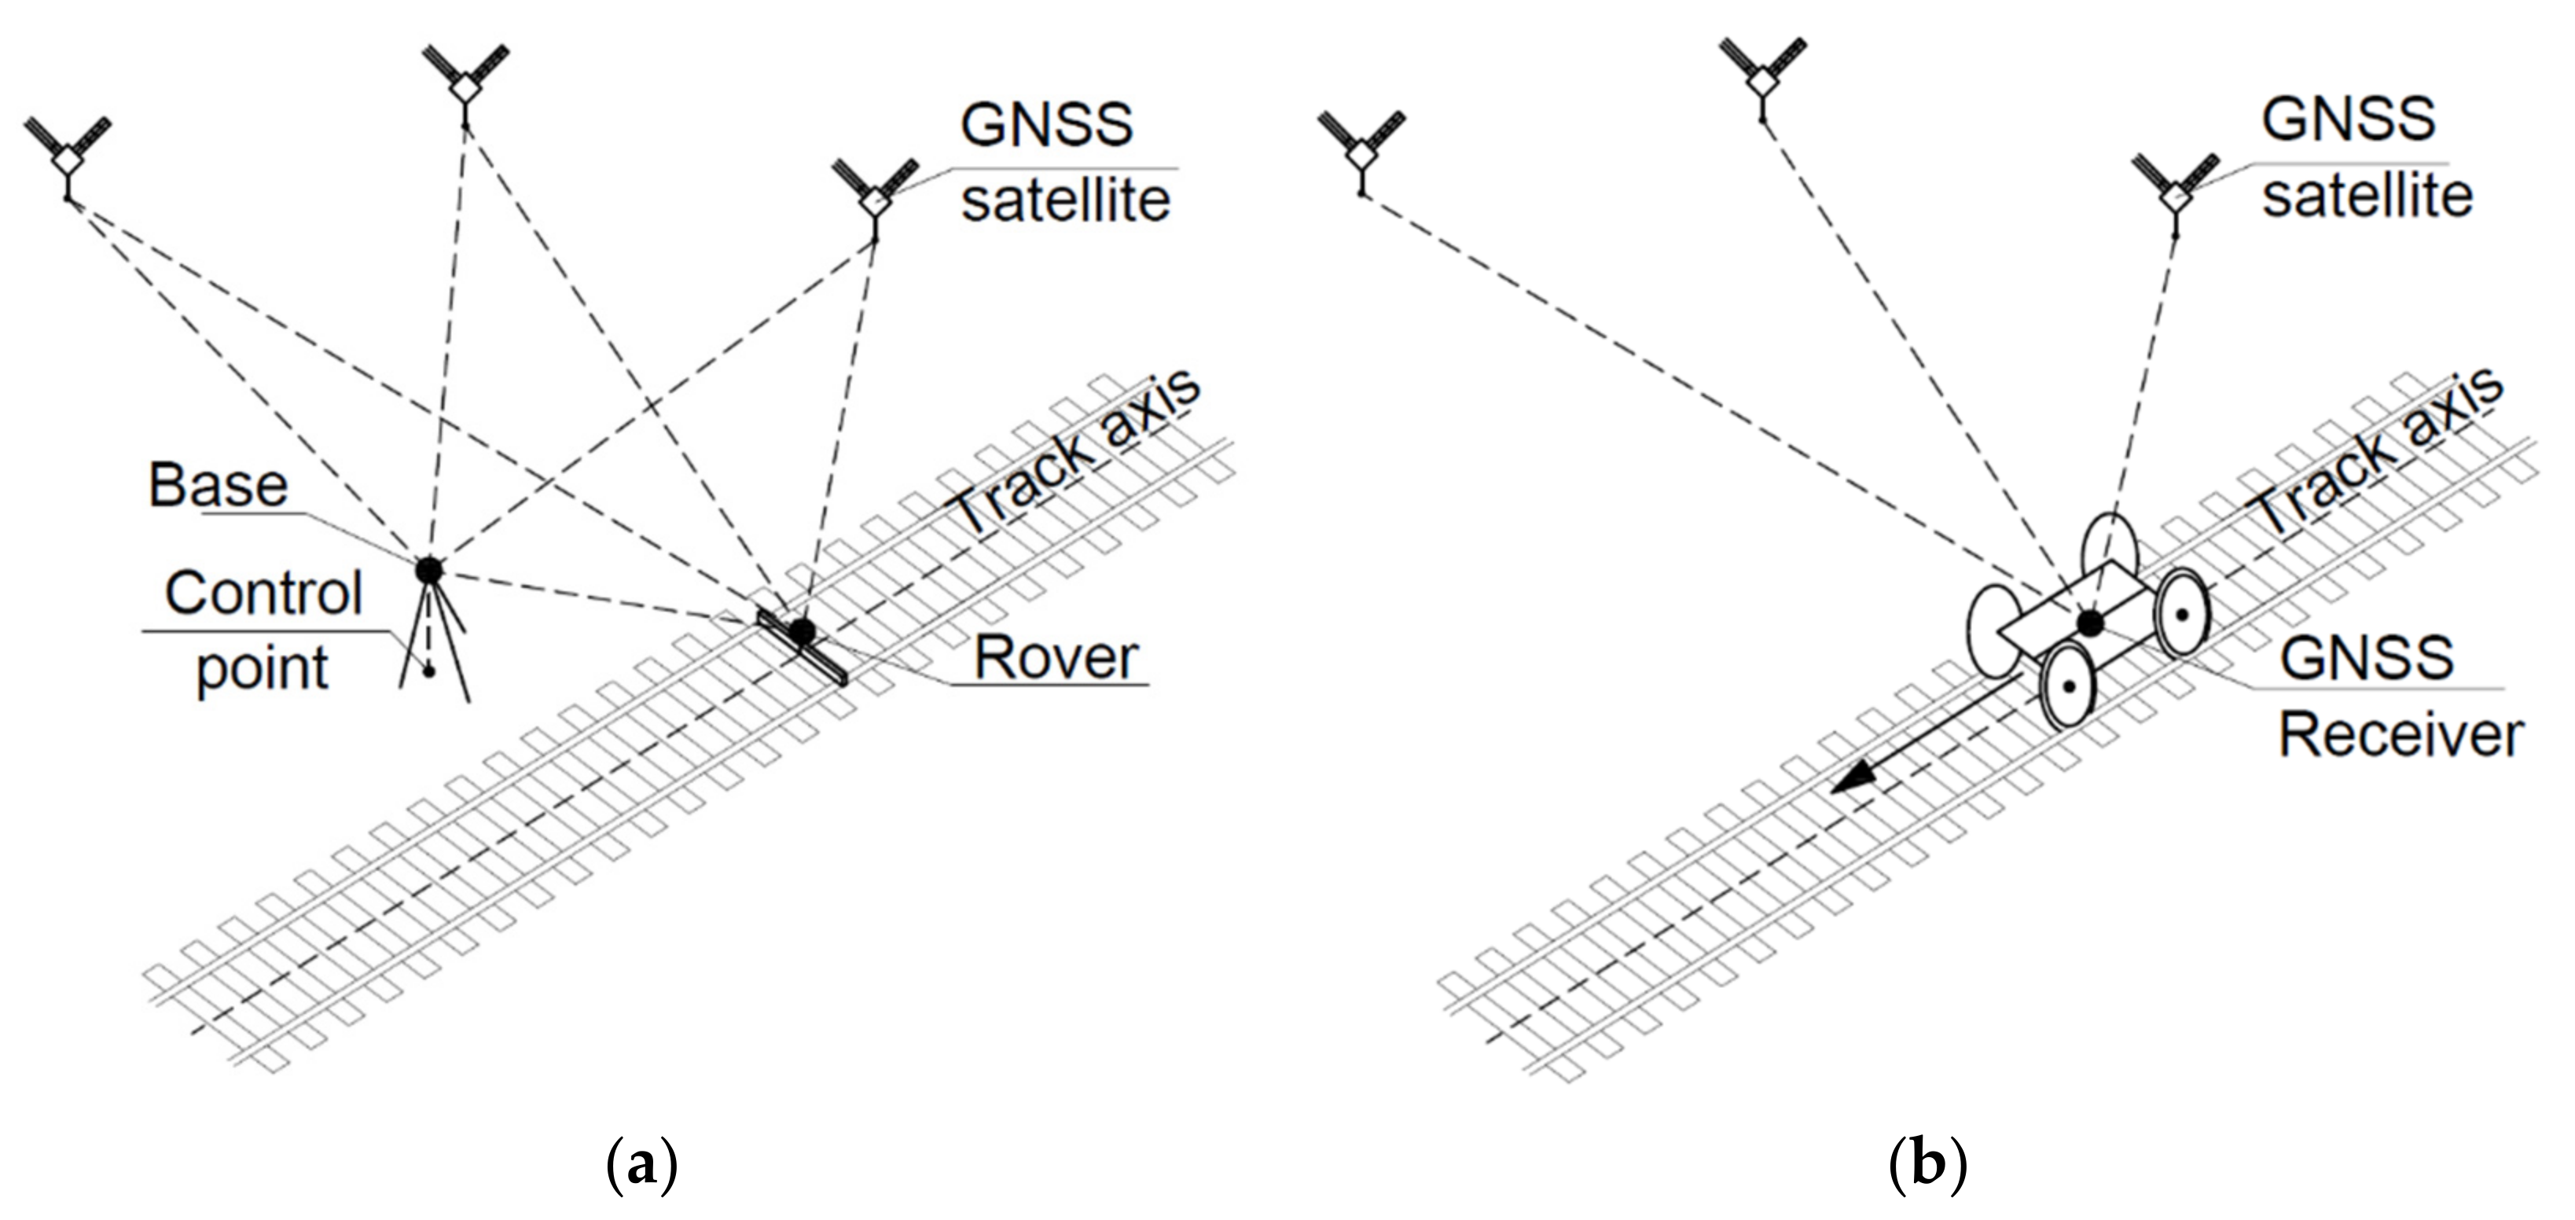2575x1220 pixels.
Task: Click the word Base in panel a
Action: pyautogui.click(x=218, y=486)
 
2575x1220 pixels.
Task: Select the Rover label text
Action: pyautogui.click(x=1056, y=658)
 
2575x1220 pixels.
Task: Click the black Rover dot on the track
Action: pyautogui.click(x=801, y=631)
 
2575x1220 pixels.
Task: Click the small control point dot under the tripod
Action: pyautogui.click(x=429, y=672)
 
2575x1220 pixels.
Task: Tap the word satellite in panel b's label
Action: pyautogui.click(x=2367, y=195)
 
